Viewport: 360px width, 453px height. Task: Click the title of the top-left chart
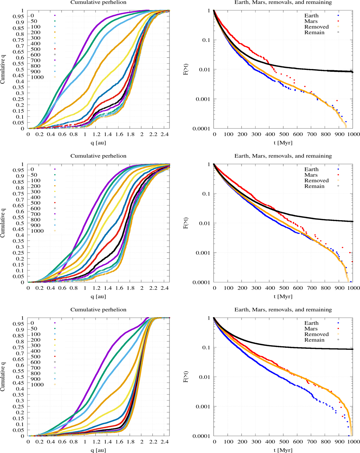click(98, 2)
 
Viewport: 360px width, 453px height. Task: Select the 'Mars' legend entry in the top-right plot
click(311, 21)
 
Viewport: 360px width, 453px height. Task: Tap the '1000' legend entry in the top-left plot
click(37, 77)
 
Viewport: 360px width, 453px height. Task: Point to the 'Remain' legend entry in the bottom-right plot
click(314, 340)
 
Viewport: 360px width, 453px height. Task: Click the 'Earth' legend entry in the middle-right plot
click(311, 169)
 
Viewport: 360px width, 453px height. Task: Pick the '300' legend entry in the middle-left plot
click(35, 192)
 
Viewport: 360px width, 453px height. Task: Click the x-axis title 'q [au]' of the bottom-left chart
click(98, 450)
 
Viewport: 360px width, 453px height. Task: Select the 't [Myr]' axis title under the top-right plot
click(283, 143)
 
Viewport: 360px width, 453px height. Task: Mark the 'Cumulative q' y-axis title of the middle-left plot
click(3, 223)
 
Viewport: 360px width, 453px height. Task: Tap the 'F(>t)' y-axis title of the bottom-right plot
click(186, 377)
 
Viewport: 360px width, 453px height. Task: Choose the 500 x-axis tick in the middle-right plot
click(284, 288)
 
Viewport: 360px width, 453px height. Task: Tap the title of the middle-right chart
click(283, 156)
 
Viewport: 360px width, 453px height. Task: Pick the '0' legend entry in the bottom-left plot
click(32, 323)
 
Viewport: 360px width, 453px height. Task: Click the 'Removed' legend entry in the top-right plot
click(316, 27)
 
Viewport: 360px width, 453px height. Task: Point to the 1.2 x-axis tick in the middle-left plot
click(96, 288)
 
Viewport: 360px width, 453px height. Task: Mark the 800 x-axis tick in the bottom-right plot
click(325, 442)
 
